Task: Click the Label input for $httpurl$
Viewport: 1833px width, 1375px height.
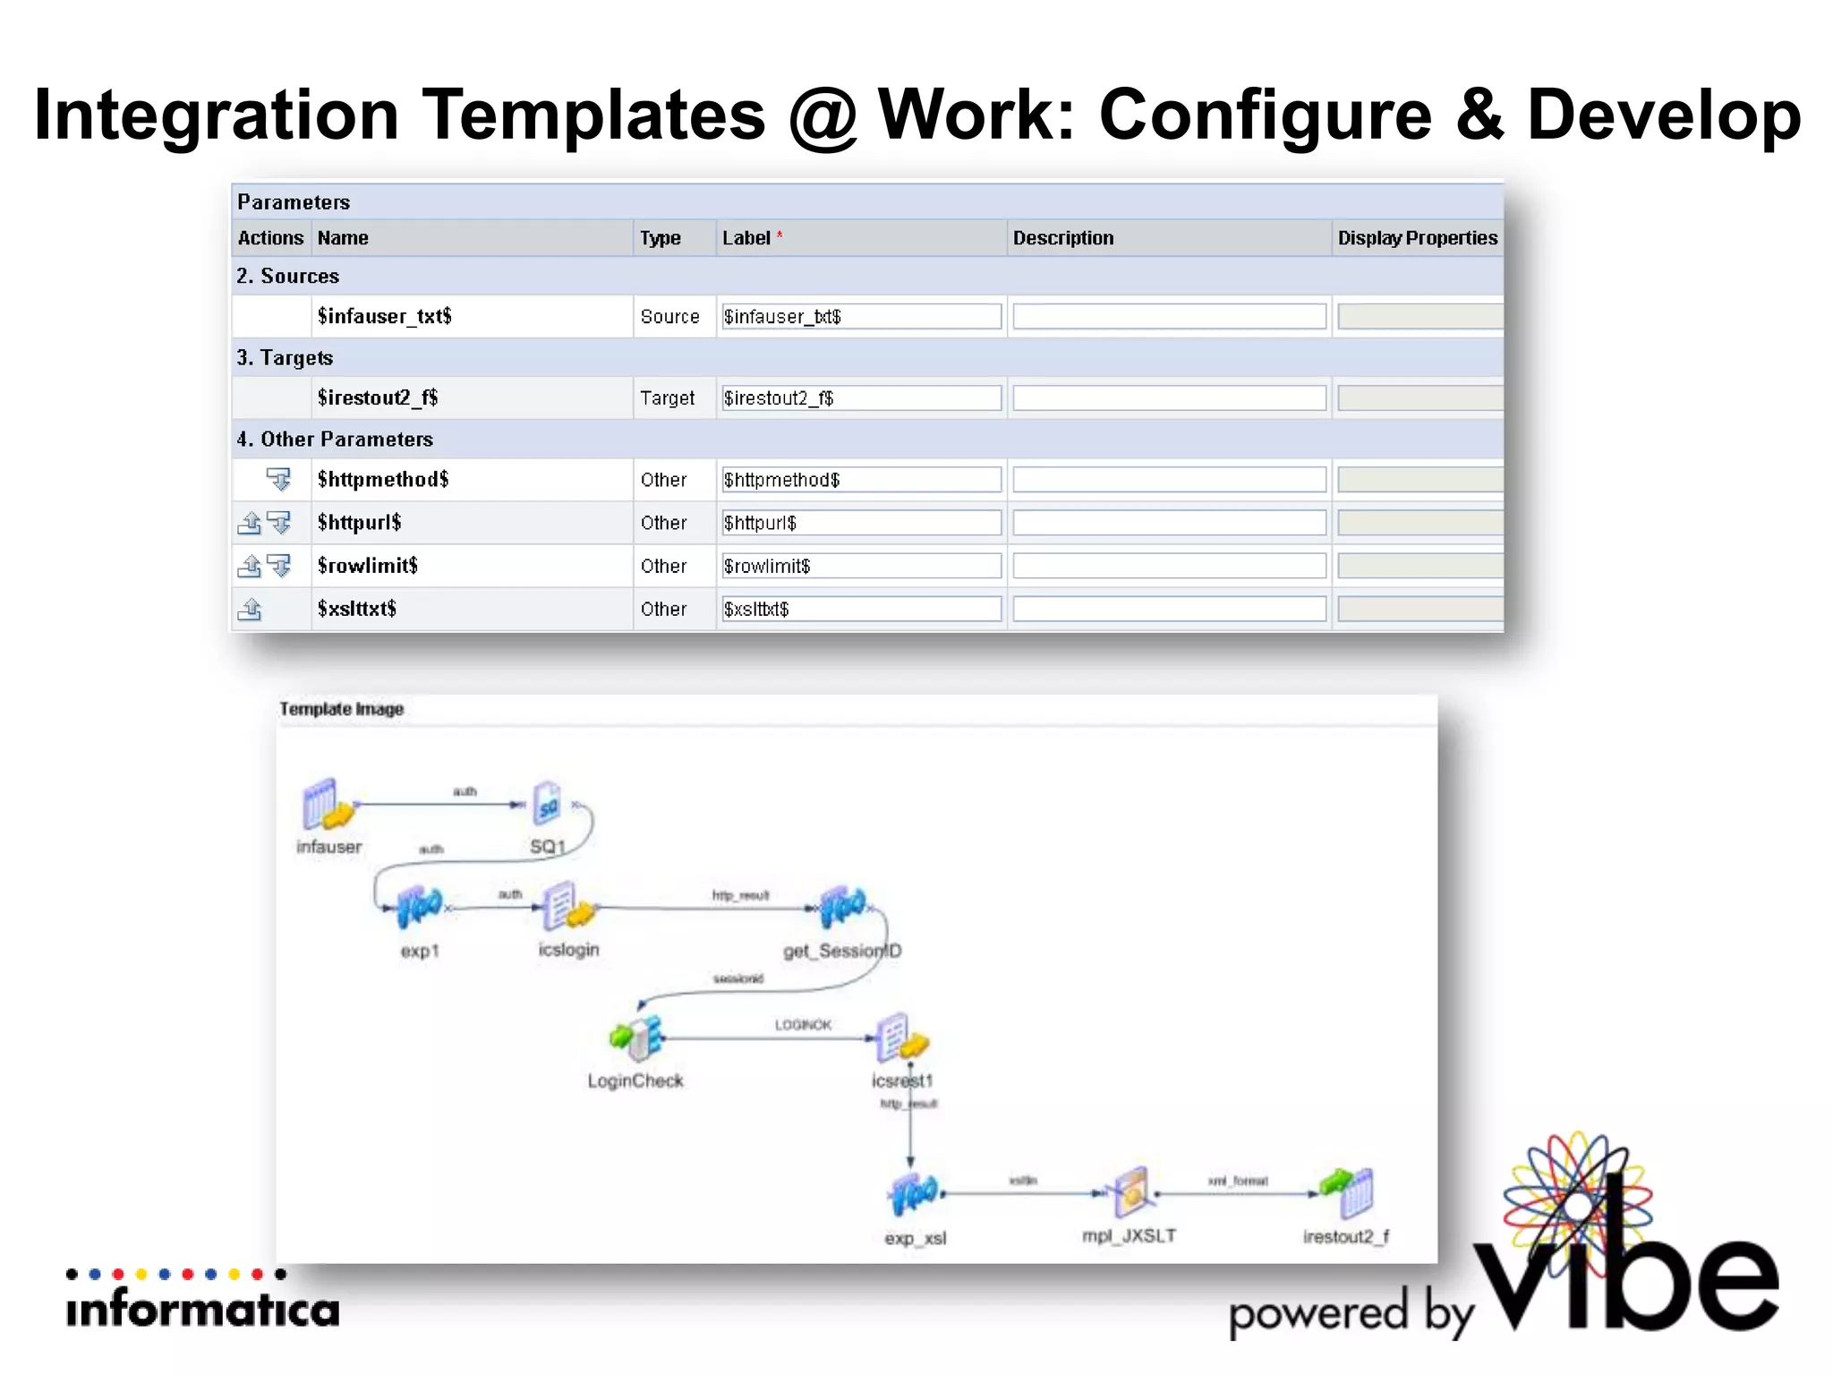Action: pos(861,523)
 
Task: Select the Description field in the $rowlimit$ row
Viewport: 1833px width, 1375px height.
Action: pos(1169,566)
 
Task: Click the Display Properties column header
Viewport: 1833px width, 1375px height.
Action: pos(1417,238)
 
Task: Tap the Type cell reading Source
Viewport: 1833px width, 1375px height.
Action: pos(669,317)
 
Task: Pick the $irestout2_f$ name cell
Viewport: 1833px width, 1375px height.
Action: pos(378,397)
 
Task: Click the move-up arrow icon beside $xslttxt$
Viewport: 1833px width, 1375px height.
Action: pos(250,610)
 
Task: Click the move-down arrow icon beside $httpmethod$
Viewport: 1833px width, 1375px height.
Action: pos(279,480)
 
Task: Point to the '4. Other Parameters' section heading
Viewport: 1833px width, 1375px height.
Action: pos(335,440)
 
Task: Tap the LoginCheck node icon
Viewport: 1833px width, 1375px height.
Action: pos(636,1038)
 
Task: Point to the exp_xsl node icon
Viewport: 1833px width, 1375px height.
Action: pos(915,1193)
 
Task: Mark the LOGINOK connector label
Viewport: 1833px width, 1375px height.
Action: pos(803,1025)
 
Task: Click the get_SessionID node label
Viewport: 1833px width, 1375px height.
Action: pos(842,951)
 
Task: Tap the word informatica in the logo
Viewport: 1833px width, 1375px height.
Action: pos(203,1311)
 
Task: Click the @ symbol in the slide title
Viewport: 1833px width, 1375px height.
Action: pos(822,115)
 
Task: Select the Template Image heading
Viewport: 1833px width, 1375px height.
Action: pos(341,709)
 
